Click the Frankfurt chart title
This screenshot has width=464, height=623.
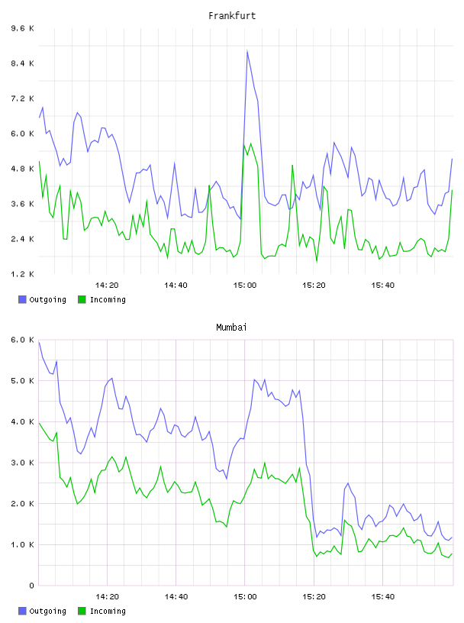(x=232, y=16)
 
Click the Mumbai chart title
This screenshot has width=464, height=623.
(x=231, y=328)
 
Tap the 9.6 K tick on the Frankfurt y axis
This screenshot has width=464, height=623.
(x=23, y=28)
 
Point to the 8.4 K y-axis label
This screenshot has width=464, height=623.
(x=23, y=63)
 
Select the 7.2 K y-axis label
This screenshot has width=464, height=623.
(x=23, y=98)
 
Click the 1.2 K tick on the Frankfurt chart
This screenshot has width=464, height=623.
(x=23, y=274)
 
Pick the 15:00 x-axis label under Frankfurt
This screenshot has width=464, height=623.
(x=245, y=286)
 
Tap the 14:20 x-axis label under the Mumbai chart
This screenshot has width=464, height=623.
(x=107, y=597)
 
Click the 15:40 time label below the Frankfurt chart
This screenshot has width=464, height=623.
(x=382, y=286)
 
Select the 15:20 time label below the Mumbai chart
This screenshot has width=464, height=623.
(x=314, y=597)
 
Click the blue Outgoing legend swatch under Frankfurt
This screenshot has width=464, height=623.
(x=22, y=299)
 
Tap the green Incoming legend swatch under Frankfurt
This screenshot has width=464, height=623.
(x=82, y=299)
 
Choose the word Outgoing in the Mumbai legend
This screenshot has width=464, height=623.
(x=47, y=611)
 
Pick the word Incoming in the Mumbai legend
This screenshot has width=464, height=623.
(x=108, y=611)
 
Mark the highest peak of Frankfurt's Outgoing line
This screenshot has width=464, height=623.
(x=247, y=51)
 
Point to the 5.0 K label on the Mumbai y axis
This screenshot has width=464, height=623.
(x=23, y=381)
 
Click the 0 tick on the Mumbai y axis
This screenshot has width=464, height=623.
(x=31, y=586)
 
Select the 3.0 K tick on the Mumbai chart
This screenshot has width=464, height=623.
(x=23, y=463)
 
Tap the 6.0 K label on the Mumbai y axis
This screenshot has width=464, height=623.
(x=23, y=340)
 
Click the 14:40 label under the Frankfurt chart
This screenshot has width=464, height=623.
(x=176, y=286)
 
